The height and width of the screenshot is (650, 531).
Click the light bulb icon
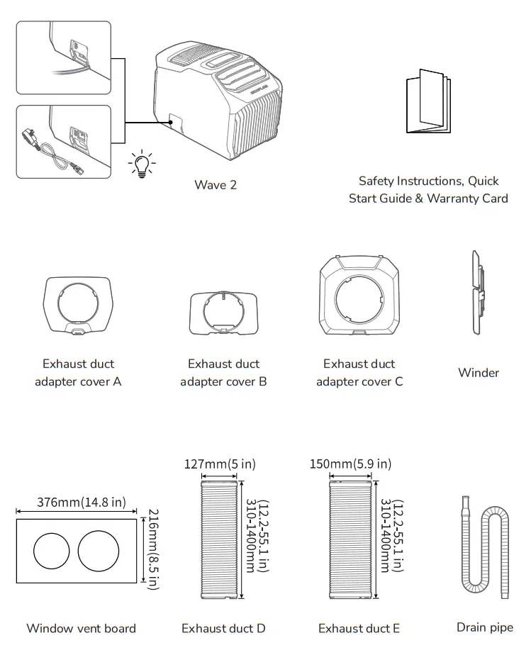pos(142,164)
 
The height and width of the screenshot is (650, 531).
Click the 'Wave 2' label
pos(216,185)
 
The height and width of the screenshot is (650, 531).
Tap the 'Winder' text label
pos(479,373)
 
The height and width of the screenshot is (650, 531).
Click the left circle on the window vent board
pos(52,551)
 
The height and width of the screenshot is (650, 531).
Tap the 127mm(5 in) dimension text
pos(220,464)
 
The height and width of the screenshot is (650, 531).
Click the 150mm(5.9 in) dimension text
pos(350,464)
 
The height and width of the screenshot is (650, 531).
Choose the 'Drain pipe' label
pos(485,627)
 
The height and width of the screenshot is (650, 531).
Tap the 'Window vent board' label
pos(81,628)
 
